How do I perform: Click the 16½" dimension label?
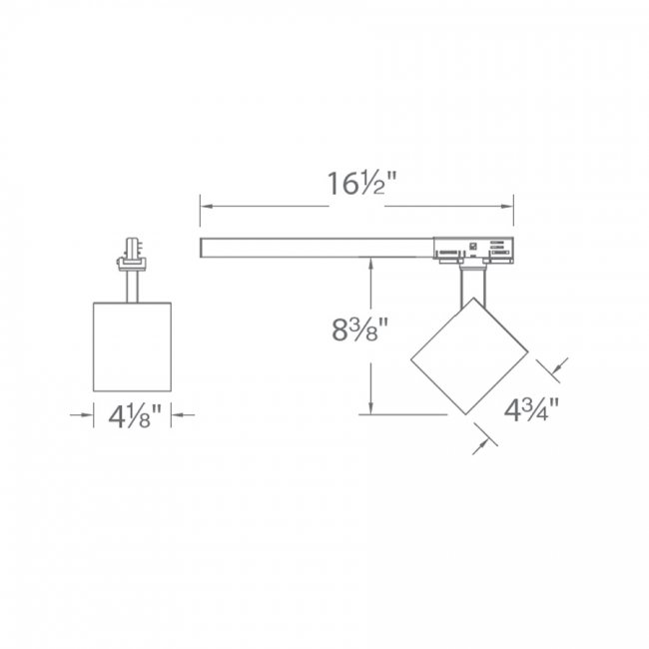[356, 187]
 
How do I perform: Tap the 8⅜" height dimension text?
[359, 329]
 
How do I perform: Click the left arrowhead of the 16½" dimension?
[206, 207]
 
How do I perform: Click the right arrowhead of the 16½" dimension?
[508, 207]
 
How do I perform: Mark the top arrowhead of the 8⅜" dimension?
[370, 262]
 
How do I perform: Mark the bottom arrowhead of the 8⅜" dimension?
[370, 408]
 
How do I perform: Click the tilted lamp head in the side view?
[468, 355]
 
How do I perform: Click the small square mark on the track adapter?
[473, 243]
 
